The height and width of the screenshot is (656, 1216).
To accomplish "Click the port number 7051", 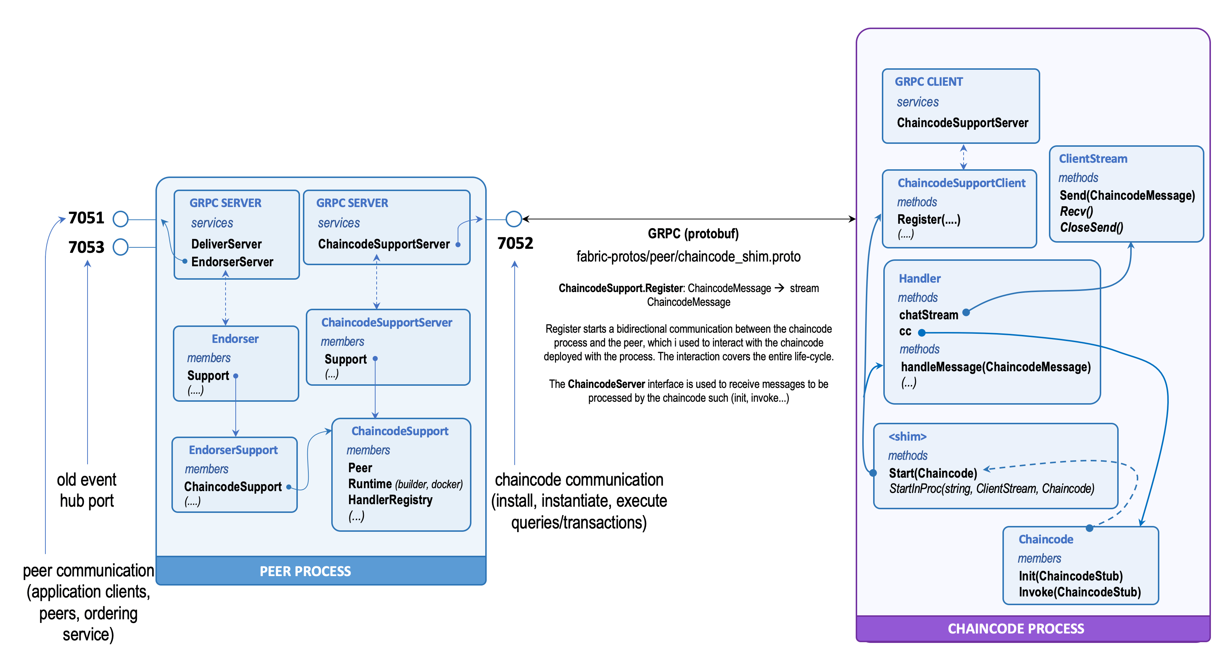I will (x=86, y=218).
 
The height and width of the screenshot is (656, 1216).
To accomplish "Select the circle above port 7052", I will (x=514, y=219).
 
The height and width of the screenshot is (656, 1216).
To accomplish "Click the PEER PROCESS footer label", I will (x=305, y=571).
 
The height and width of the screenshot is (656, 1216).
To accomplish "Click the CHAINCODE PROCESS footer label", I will (x=1016, y=629).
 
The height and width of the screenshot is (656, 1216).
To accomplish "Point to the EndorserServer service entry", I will (x=232, y=262).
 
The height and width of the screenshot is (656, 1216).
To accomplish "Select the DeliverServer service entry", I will (x=226, y=244).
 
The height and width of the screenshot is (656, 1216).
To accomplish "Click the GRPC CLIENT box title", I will (x=928, y=82).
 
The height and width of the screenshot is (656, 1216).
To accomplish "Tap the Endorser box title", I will (x=235, y=339).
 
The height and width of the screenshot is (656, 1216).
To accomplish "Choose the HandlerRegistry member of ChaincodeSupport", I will (x=390, y=500).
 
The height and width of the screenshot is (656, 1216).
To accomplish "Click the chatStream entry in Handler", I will (x=928, y=315).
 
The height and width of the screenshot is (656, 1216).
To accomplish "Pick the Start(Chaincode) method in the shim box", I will (x=933, y=473).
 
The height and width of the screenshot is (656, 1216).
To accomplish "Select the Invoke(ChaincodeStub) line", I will (x=1079, y=592).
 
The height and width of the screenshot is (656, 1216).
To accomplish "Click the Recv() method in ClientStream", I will (x=1076, y=211).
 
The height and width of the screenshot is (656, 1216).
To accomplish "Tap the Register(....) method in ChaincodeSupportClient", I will (x=928, y=219).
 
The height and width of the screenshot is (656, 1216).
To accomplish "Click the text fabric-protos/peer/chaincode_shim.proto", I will (x=688, y=257).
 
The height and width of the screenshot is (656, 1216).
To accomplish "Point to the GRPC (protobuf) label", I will (x=693, y=234).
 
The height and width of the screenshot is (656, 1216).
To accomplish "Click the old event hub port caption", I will (x=87, y=490).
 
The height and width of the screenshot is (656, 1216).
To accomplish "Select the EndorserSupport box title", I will (x=233, y=450).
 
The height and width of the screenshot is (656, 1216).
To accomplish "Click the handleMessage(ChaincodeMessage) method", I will (x=995, y=367).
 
